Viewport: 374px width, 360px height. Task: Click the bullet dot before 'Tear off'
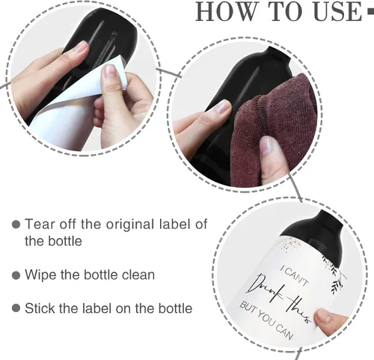point(16,224)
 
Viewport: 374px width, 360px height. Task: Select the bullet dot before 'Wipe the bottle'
point(16,275)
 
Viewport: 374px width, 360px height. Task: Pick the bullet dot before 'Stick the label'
point(16,308)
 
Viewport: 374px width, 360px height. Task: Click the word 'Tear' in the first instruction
point(40,224)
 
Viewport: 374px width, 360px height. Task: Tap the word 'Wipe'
point(40,275)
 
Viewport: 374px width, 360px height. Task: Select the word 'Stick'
point(40,308)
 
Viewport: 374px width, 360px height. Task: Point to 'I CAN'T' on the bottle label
point(295,275)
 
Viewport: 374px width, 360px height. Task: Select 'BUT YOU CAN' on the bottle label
point(266,321)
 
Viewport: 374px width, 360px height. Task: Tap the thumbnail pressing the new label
point(322,317)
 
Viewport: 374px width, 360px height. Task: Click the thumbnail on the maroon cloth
point(266,145)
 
